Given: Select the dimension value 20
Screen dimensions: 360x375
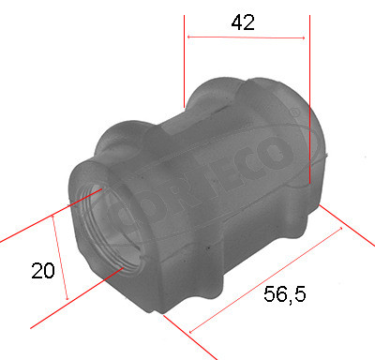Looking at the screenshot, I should [x=42, y=271].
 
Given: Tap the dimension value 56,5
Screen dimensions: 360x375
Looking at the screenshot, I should [x=284, y=294].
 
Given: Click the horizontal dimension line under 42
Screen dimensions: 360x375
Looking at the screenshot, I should [x=247, y=37].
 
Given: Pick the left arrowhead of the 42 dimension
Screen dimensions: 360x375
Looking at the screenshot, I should [x=190, y=37].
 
